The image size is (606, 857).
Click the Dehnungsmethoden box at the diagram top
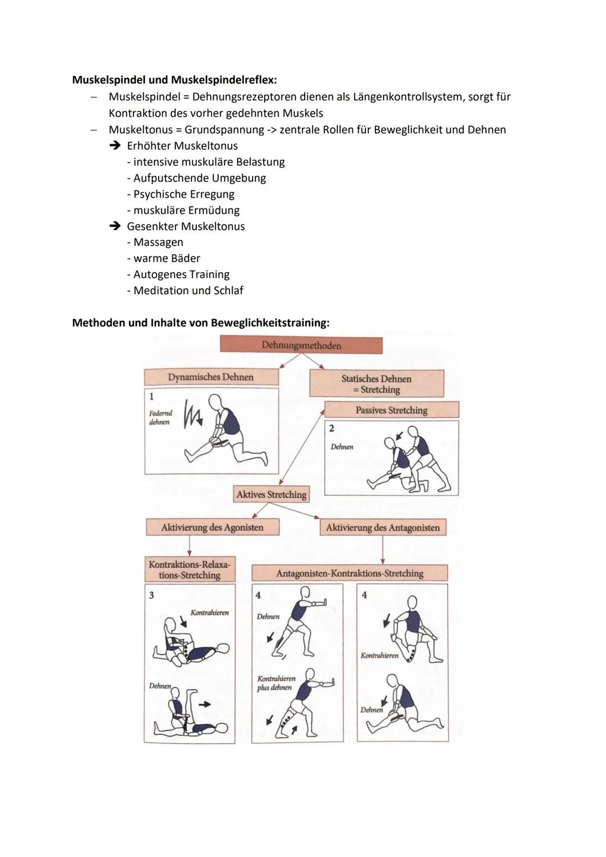[x=301, y=345]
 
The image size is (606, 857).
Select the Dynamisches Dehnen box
[x=211, y=377]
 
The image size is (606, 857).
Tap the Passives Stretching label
[x=391, y=410]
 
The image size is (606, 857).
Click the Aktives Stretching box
[x=272, y=494]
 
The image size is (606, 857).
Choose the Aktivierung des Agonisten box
[x=212, y=528]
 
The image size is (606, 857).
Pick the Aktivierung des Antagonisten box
[x=383, y=528]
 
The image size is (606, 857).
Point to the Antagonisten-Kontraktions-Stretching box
[x=350, y=573]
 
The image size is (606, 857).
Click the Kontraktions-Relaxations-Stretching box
[x=190, y=570]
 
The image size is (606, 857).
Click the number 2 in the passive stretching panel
[x=332, y=428]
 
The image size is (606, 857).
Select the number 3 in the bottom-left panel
[x=151, y=595]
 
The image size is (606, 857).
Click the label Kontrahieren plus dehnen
[x=276, y=683]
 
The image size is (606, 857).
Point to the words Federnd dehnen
[x=160, y=418]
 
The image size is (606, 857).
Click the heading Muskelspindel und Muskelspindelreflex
[x=175, y=80]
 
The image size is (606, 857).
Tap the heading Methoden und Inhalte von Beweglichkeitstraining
[x=200, y=323]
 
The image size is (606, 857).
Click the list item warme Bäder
[x=167, y=259]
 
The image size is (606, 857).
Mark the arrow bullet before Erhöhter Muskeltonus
[x=115, y=146]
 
